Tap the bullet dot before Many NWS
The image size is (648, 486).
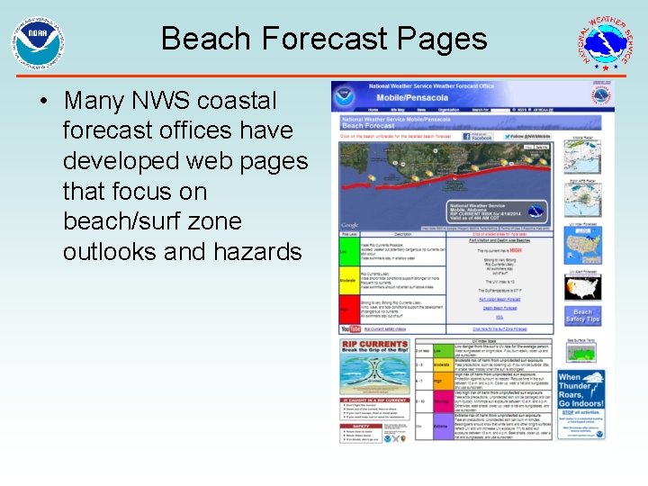point(44,100)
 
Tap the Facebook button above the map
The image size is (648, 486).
point(479,137)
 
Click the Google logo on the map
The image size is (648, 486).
point(350,225)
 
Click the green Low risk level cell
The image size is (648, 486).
point(346,252)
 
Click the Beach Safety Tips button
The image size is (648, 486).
point(582,316)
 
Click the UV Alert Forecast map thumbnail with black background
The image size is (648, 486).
point(582,287)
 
